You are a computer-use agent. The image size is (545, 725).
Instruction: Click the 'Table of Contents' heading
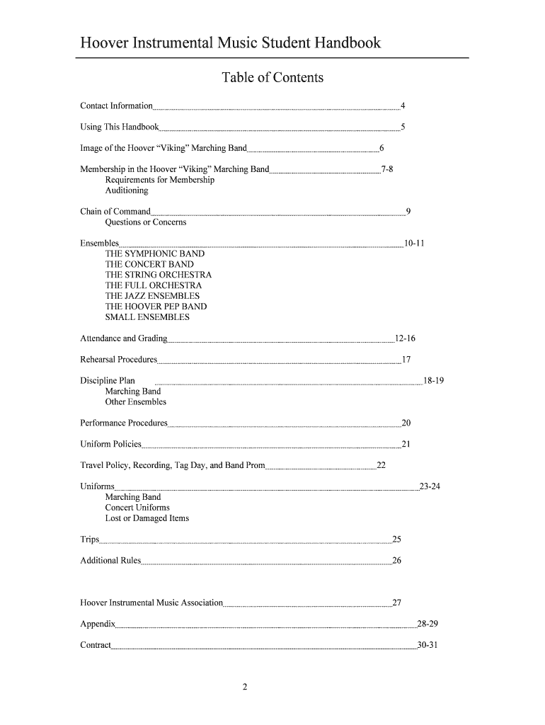pos(272,77)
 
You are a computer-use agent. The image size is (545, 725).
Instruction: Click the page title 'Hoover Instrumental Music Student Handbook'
pos(230,43)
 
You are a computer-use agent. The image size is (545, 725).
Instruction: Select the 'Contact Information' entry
pos(116,106)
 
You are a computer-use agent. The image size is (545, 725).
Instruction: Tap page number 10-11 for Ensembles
pos(413,244)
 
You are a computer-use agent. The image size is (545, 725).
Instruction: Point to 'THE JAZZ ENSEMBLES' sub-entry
pos(152,296)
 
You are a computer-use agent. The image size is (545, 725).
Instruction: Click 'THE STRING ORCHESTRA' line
pos(158,275)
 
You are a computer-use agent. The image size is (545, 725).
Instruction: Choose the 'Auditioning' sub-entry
pos(127,190)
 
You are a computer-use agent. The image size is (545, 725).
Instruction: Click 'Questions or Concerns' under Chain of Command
pos(146,222)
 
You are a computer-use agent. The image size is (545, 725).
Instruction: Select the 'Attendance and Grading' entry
pos(124,338)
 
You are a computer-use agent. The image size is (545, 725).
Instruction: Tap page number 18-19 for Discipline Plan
pos(433,381)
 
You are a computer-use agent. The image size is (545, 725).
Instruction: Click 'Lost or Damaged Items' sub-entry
pos(147,518)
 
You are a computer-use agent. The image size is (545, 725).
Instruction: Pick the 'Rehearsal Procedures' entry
pos(118,360)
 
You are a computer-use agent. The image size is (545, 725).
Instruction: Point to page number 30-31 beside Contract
pos(428,645)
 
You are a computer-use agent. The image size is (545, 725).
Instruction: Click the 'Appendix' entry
pos(98,624)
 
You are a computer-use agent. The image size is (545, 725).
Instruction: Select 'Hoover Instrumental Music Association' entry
pos(151,603)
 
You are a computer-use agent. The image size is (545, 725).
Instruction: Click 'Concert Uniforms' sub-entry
pos(137,508)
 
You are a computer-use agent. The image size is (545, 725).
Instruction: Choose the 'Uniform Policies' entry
pos(110,445)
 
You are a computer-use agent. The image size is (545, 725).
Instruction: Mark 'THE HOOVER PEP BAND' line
pos(156,307)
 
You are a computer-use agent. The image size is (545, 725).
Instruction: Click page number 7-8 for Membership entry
pos(387,169)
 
